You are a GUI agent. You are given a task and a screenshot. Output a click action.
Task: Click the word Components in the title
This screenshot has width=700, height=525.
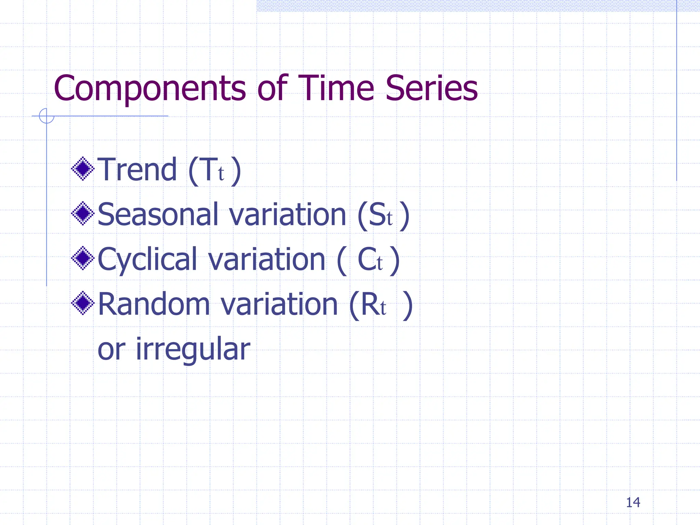[x=149, y=89]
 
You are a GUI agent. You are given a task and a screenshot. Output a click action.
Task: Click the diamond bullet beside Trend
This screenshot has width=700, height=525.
[x=83, y=169]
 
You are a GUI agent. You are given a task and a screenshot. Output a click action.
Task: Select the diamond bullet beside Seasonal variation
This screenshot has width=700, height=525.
[x=83, y=214]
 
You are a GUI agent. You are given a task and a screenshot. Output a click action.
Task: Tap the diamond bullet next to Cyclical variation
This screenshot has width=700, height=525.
[x=83, y=258]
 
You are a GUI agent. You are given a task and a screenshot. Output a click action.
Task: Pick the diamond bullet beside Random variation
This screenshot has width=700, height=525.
[x=83, y=303]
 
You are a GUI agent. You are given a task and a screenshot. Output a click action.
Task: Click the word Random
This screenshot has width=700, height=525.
[x=153, y=304]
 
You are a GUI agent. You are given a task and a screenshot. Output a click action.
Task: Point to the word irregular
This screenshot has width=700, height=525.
[x=193, y=349]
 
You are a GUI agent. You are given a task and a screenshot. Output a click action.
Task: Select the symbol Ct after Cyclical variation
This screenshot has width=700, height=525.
[x=370, y=260]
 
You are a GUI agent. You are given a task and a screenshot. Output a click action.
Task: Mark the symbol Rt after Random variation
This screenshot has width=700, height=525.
[x=373, y=305]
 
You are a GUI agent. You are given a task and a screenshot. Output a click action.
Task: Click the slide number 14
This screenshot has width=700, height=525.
[x=633, y=502]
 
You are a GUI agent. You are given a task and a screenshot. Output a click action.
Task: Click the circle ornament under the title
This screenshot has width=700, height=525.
[x=46, y=116]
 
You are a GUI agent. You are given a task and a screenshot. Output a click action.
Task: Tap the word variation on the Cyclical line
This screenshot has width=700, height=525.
[x=267, y=260]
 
